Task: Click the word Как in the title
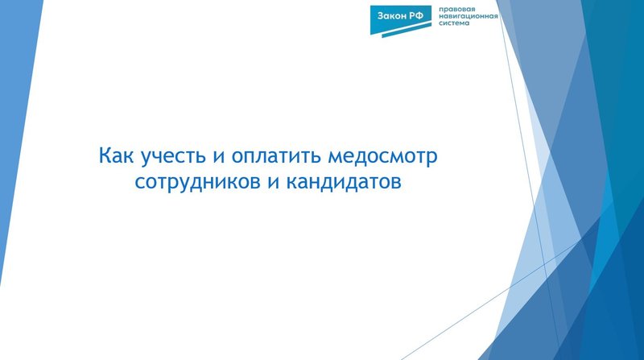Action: click(115, 154)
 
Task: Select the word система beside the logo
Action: click(455, 24)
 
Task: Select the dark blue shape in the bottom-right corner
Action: click(620, 322)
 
